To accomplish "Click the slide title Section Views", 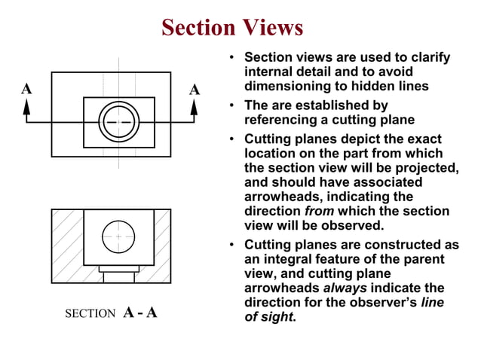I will [x=232, y=28].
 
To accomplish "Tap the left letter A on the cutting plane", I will [x=26, y=89].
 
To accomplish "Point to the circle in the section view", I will [x=118, y=236].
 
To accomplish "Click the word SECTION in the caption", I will [x=90, y=313].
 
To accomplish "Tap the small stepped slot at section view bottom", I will [x=118, y=273].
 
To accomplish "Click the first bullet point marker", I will [x=234, y=58].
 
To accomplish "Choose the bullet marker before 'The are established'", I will [x=234, y=105].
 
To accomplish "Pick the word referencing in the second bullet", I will [x=284, y=120].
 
